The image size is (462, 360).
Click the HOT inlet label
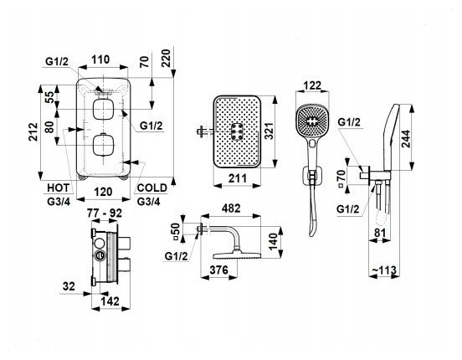click(x=58, y=188)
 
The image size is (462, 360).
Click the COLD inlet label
click(x=152, y=188)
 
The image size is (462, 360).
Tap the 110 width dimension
click(x=100, y=59)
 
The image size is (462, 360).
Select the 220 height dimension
click(x=167, y=59)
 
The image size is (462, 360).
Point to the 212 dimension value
click(x=33, y=131)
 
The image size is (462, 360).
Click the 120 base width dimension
click(x=103, y=192)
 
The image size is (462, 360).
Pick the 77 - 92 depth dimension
click(x=105, y=213)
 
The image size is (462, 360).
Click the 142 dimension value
click(x=110, y=301)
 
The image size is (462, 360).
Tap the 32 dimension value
click(x=69, y=286)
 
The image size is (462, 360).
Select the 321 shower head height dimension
click(x=269, y=131)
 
